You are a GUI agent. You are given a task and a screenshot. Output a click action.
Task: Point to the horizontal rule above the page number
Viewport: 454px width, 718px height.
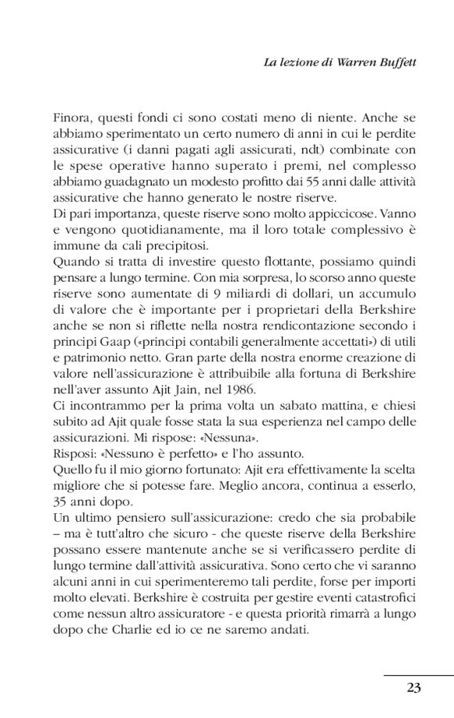click(419, 674)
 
